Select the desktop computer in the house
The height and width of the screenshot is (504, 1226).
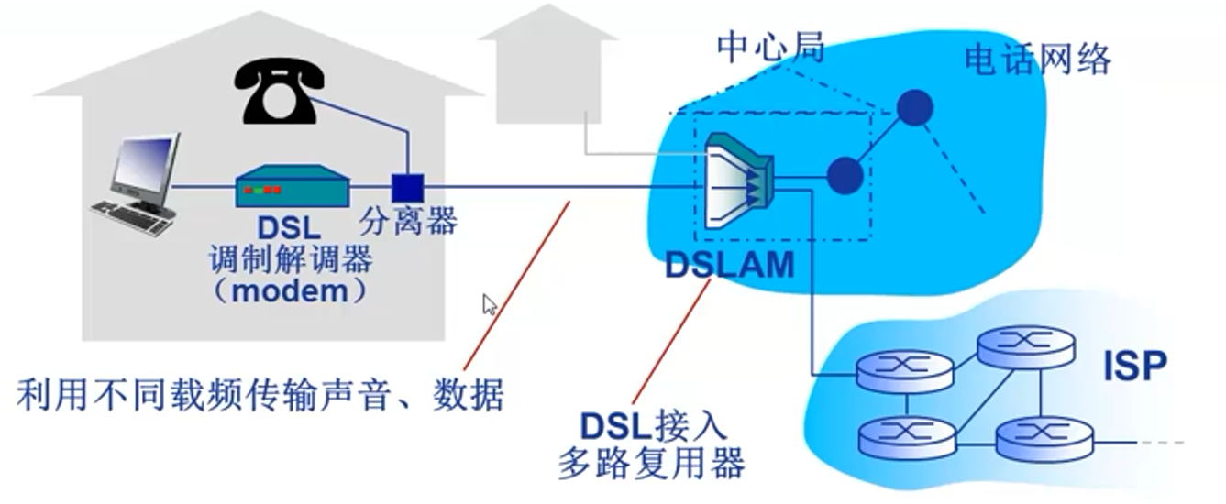click(x=139, y=184)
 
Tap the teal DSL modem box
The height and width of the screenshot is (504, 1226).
click(x=293, y=187)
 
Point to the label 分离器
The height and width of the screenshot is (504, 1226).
click(x=408, y=221)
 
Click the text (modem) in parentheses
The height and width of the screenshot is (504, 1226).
click(x=291, y=291)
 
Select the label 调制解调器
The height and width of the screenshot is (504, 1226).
click(x=291, y=259)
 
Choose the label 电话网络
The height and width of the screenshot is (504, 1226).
click(x=1037, y=60)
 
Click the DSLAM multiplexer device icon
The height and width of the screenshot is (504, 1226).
click(x=739, y=181)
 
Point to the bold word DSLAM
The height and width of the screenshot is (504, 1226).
click(x=729, y=265)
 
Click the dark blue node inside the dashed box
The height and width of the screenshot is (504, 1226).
click(x=845, y=174)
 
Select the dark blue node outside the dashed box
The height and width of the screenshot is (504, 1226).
click(x=913, y=108)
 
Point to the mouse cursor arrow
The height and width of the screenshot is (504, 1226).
click(x=490, y=304)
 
